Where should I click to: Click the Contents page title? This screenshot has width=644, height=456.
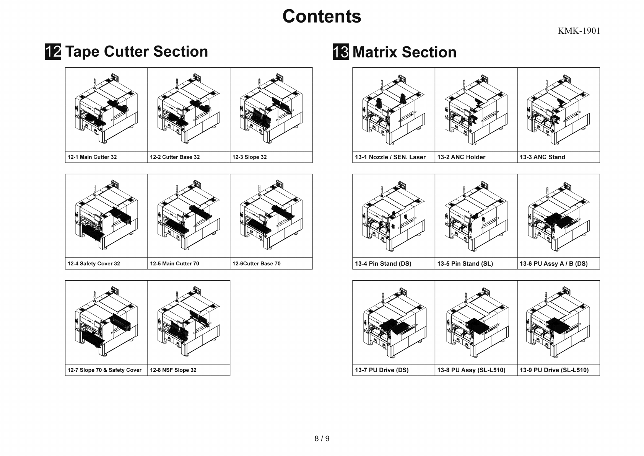point(322,16)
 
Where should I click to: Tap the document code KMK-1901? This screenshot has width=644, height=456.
point(579,31)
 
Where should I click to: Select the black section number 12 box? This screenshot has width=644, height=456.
point(53,52)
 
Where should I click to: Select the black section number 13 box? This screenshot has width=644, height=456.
point(341,52)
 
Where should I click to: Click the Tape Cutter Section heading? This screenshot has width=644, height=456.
point(137,52)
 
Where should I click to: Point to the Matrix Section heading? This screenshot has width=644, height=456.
point(404,52)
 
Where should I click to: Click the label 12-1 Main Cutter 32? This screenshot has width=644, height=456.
point(92,157)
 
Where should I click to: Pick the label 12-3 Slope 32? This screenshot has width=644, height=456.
point(249,157)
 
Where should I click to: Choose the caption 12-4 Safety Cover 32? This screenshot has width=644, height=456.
point(94,263)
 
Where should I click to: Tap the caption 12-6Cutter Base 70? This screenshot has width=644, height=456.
point(256,263)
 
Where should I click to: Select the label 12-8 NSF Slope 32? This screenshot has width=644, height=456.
point(173,370)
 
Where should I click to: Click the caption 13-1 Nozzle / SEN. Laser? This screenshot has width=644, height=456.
point(390,157)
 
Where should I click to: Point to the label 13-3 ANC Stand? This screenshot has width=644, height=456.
point(542,157)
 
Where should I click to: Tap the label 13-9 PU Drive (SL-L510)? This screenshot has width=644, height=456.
point(554,370)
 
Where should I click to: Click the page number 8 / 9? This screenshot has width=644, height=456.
point(322,438)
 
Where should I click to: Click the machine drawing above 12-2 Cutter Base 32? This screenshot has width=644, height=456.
point(189,110)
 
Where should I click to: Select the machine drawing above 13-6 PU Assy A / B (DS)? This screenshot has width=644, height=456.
point(558,216)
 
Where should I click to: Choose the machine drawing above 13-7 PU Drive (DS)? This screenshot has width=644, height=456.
point(394,322)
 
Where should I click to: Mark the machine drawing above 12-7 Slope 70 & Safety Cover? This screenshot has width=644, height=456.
point(106,322)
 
